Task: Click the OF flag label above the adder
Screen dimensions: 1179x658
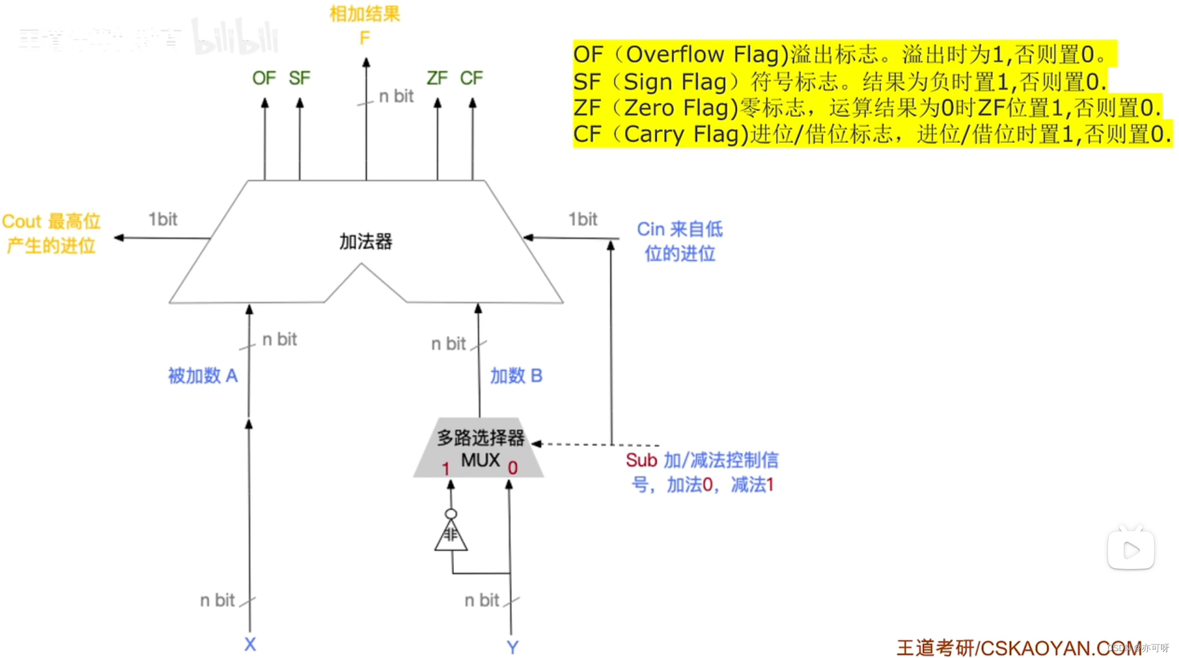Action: (x=264, y=78)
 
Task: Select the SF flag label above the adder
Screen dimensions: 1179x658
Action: (x=299, y=78)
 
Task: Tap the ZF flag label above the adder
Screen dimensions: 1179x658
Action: (x=437, y=78)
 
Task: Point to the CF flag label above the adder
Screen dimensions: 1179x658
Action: (x=471, y=78)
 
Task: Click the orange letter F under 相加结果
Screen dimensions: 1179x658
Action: (x=365, y=39)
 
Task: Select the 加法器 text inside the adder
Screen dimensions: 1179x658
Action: (x=366, y=242)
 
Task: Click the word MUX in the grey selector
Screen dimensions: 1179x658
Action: (x=480, y=460)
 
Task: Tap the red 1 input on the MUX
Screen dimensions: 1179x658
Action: (x=446, y=468)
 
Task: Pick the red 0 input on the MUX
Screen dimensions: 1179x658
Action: (x=512, y=468)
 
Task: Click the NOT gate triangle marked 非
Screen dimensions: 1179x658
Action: (x=451, y=536)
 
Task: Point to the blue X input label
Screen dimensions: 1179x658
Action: (x=250, y=644)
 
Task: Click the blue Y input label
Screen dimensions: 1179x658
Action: (x=512, y=647)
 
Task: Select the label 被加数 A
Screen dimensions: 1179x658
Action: (x=203, y=376)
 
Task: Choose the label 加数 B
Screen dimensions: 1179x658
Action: (x=516, y=376)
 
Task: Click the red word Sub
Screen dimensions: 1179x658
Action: (x=641, y=460)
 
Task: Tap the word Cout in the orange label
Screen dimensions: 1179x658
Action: (x=22, y=222)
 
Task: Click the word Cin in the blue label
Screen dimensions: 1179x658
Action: (x=651, y=229)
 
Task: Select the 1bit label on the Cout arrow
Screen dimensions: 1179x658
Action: (x=163, y=219)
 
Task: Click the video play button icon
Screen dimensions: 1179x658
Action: (x=1131, y=550)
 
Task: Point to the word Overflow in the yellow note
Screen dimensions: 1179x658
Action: (x=675, y=55)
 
